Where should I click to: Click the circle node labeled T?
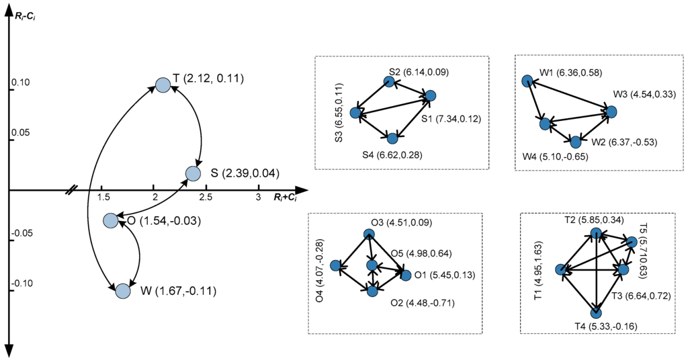point(163,85)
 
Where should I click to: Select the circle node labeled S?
point(193,173)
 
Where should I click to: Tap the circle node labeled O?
point(111,220)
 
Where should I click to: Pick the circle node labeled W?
point(122,291)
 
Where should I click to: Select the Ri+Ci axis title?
point(286,197)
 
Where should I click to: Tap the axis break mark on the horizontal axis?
point(71,191)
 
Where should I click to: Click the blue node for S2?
point(388,81)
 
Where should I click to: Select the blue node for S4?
point(392,138)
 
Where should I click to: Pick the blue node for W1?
point(527,81)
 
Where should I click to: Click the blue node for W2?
point(575,142)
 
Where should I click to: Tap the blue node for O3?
point(368,234)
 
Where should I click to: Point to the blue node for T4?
point(596,312)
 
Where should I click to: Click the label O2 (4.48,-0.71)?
point(423,302)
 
